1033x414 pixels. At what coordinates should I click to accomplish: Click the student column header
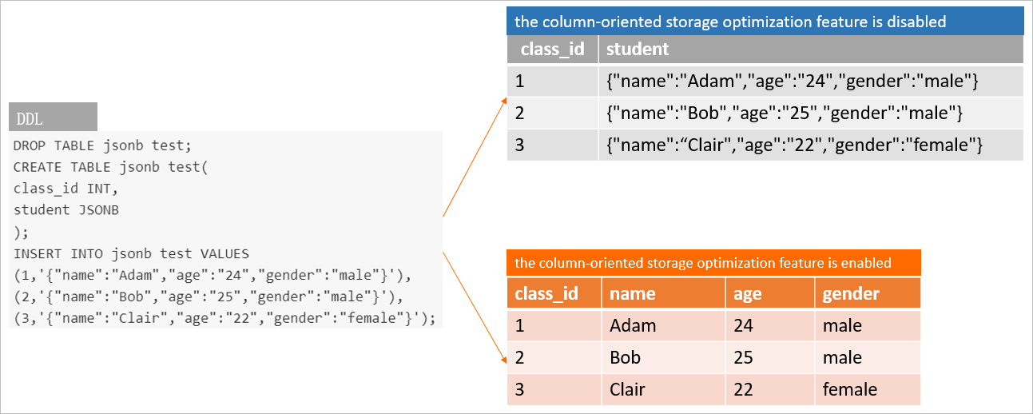(637, 50)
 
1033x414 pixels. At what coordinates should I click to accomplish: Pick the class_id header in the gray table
(552, 50)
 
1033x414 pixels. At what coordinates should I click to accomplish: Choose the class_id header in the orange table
(546, 293)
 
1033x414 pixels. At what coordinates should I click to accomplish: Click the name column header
(632, 293)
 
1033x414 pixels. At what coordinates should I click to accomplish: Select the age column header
(748, 293)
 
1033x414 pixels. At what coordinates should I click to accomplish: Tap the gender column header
(851, 293)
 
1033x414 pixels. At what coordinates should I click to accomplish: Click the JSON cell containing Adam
(792, 81)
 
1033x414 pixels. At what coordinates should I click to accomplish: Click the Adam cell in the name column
(632, 325)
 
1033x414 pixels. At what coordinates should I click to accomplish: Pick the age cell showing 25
(743, 357)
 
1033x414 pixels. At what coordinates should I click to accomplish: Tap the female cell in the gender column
(850, 389)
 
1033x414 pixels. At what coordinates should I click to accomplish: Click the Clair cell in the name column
(627, 389)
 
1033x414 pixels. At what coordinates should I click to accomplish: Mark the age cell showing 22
(743, 389)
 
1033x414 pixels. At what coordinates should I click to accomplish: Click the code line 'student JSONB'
(66, 210)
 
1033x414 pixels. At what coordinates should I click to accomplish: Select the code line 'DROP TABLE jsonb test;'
(102, 145)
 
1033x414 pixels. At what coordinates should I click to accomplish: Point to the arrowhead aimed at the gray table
(504, 100)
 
